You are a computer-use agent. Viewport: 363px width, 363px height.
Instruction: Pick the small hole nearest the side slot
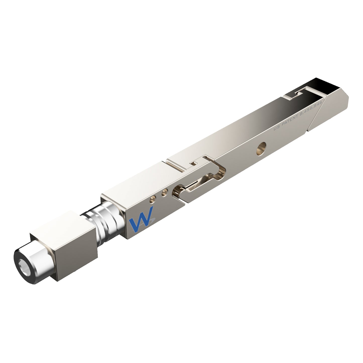point(165,193)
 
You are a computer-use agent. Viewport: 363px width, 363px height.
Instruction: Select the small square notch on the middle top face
point(193,164)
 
